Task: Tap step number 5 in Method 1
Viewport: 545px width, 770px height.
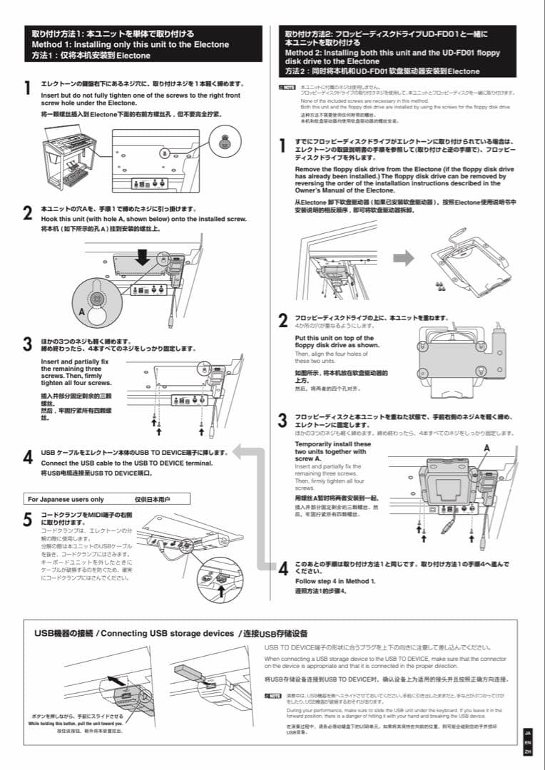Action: (27, 520)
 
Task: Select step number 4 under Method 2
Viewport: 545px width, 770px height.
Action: (283, 568)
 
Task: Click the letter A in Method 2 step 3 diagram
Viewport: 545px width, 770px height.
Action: (487, 447)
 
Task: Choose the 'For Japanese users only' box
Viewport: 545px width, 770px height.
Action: (108, 499)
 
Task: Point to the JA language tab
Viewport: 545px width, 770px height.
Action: (528, 732)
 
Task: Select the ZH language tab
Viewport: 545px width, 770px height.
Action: (528, 751)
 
